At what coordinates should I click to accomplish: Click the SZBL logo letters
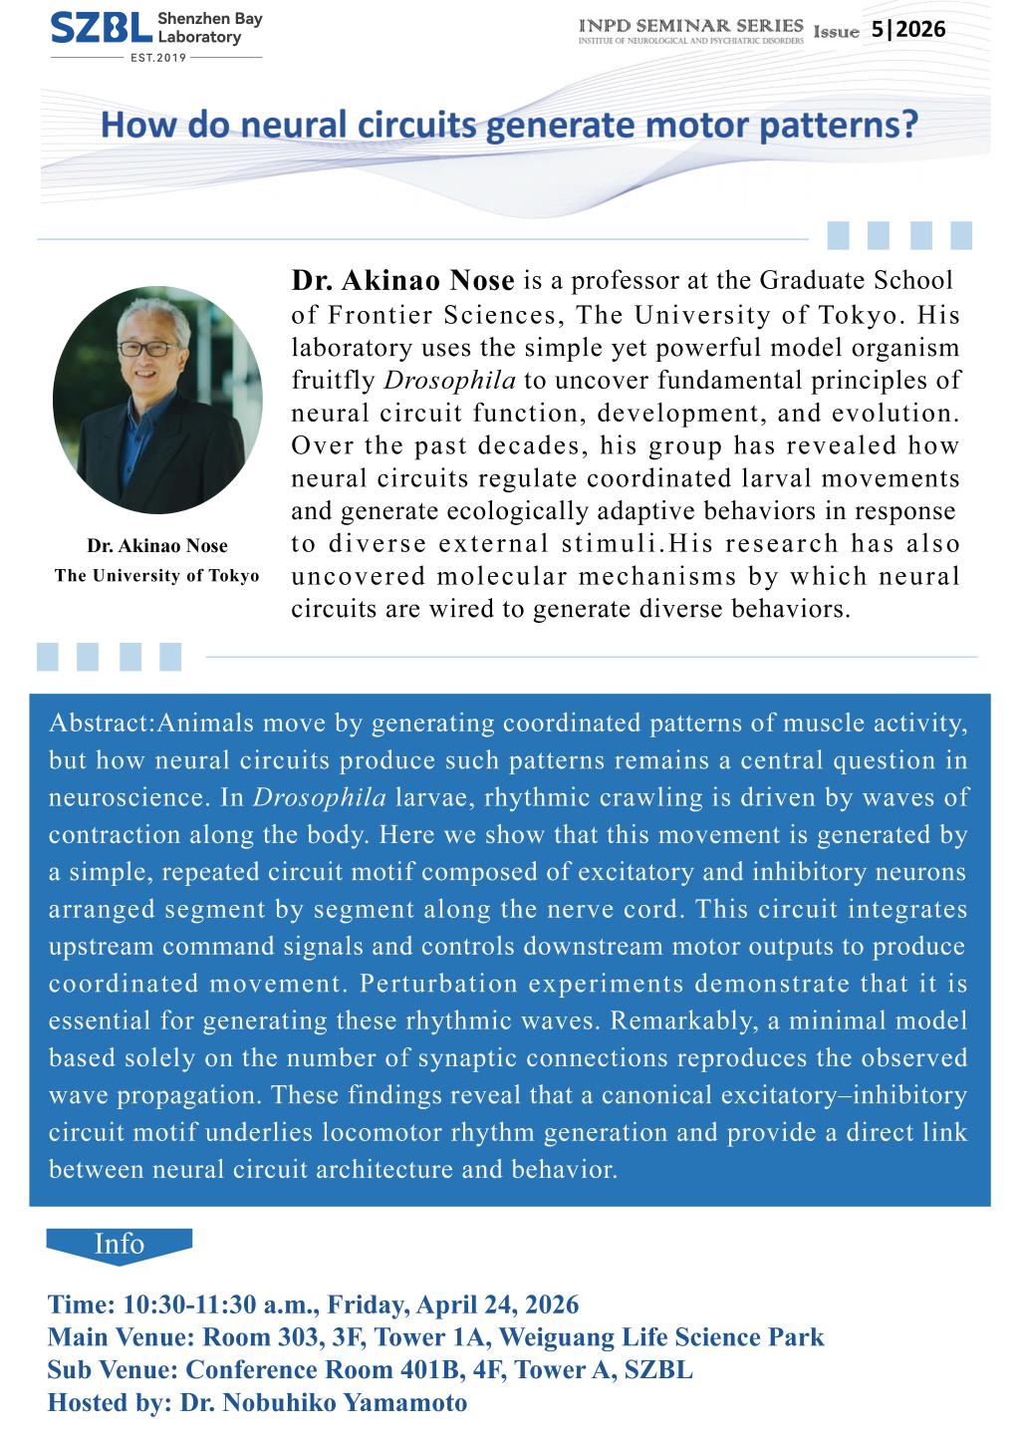(101, 30)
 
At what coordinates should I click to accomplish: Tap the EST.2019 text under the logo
(156, 58)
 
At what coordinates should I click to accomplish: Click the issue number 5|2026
(907, 30)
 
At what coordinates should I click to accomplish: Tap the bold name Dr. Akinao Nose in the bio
(402, 282)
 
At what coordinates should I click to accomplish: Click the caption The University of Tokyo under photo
(156, 576)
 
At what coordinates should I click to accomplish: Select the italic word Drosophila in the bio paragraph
(449, 381)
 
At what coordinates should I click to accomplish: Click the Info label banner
(119, 1245)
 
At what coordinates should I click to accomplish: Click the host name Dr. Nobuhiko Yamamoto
(323, 1403)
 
